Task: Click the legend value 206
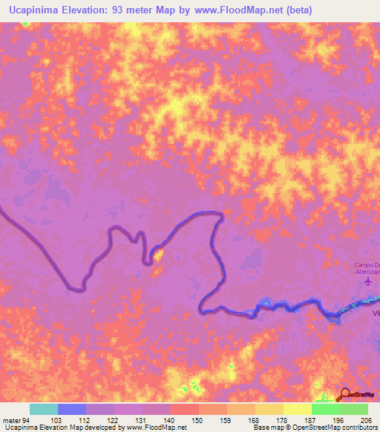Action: pyautogui.click(x=364, y=419)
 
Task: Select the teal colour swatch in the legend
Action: pyautogui.click(x=44, y=409)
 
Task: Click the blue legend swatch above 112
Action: pyautogui.click(x=72, y=409)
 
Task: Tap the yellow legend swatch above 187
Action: pyautogui.click(x=298, y=409)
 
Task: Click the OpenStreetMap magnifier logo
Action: pyautogui.click(x=346, y=394)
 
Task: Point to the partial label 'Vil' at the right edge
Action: pyautogui.click(x=375, y=313)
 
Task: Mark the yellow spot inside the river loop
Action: pyautogui.click(x=158, y=257)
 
